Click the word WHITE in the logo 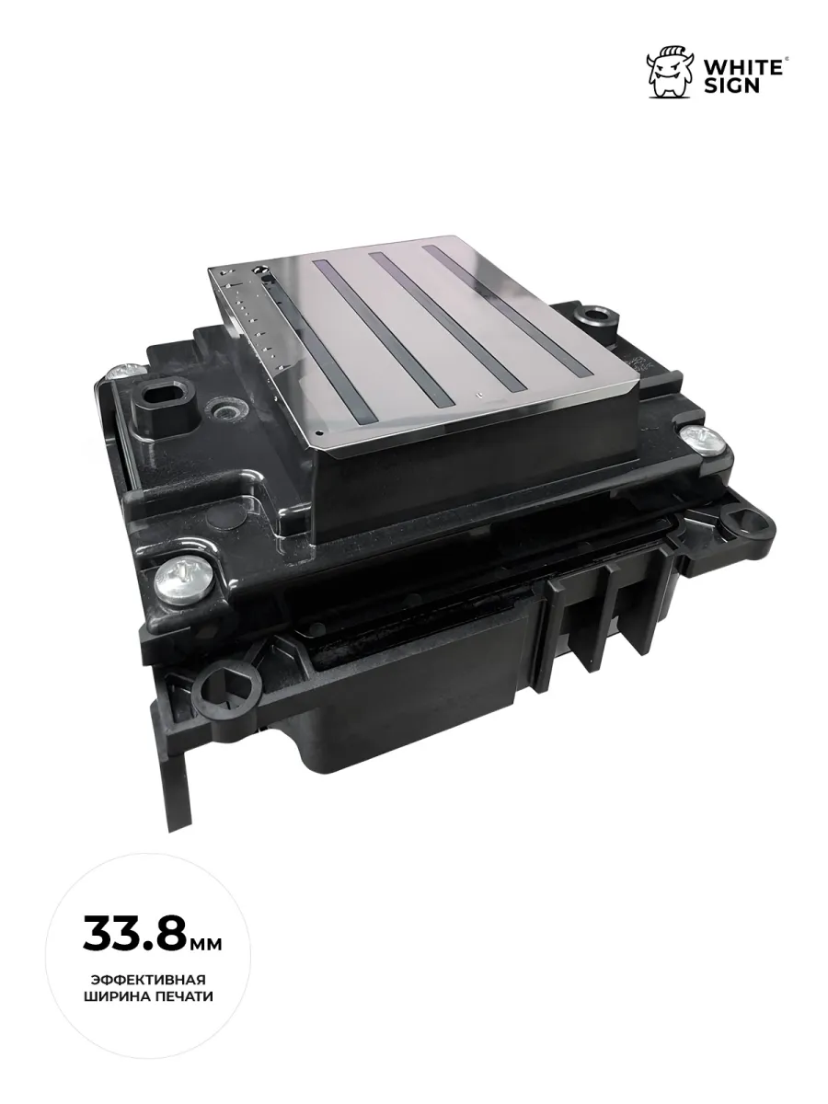click(742, 67)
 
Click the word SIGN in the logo click(731, 86)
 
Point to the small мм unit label click(204, 944)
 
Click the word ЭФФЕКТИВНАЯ click(149, 981)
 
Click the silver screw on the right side click(701, 441)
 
